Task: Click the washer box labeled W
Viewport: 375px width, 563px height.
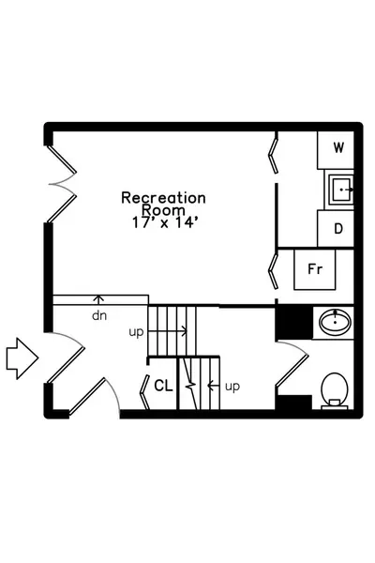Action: point(336,150)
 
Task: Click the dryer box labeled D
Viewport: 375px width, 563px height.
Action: point(336,229)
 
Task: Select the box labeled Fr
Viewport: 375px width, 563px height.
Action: point(315,269)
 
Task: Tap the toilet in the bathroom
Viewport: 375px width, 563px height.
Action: point(335,391)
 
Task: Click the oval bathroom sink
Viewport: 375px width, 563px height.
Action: point(335,322)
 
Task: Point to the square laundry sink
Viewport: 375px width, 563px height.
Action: point(339,190)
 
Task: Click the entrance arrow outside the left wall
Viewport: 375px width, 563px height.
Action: point(22,358)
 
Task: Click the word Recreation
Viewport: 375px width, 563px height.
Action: point(163,197)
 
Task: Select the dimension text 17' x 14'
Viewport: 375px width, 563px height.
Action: point(165,222)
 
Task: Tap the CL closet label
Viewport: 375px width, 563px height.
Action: point(163,386)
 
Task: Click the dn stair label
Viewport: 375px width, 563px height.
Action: point(99,315)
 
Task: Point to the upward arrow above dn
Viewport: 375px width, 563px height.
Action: point(98,299)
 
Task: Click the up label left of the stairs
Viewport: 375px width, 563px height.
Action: point(136,332)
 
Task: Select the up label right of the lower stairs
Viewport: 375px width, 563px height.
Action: point(232,387)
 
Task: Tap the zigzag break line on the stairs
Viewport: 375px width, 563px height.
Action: point(189,384)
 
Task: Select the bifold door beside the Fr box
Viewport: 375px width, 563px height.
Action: point(274,270)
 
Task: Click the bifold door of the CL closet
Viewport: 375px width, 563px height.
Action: point(144,392)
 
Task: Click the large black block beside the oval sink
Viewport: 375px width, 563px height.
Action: point(293,322)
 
